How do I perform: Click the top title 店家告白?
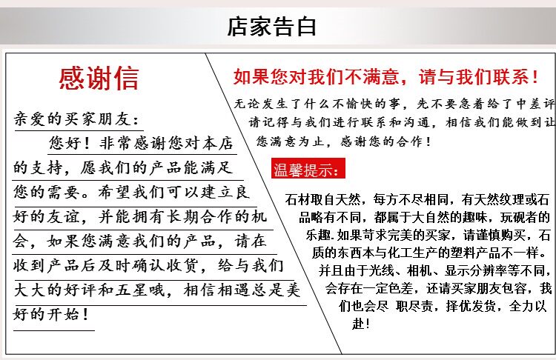(x=271, y=27)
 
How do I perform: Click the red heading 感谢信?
(x=99, y=79)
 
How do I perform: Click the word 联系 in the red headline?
(x=511, y=77)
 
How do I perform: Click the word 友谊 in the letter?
(x=64, y=216)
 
